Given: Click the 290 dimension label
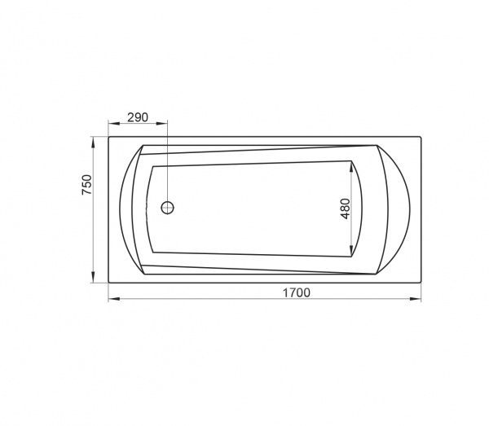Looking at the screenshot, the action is click(x=138, y=117).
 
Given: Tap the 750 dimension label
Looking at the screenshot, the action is click(x=87, y=185).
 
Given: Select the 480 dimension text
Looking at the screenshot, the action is click(x=346, y=209).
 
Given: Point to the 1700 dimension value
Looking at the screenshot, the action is click(x=297, y=292).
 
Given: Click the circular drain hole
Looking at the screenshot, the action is click(x=167, y=208).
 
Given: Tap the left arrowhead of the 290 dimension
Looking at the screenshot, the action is click(x=114, y=124).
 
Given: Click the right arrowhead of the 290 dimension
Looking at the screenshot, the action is click(x=161, y=124).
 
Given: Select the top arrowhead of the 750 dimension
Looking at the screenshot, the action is click(x=93, y=143).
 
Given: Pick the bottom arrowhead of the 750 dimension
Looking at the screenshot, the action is click(x=93, y=277).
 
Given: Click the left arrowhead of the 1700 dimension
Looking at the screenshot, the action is click(x=114, y=299).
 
